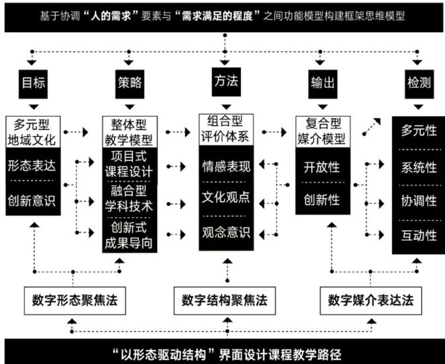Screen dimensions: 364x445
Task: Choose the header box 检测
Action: pos(419,85)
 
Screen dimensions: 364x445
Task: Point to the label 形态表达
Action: pos(34,165)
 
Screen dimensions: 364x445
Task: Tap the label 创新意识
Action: pos(34,199)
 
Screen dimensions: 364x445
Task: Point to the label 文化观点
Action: pos(227,198)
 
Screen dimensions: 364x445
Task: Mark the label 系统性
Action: pos(419,166)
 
